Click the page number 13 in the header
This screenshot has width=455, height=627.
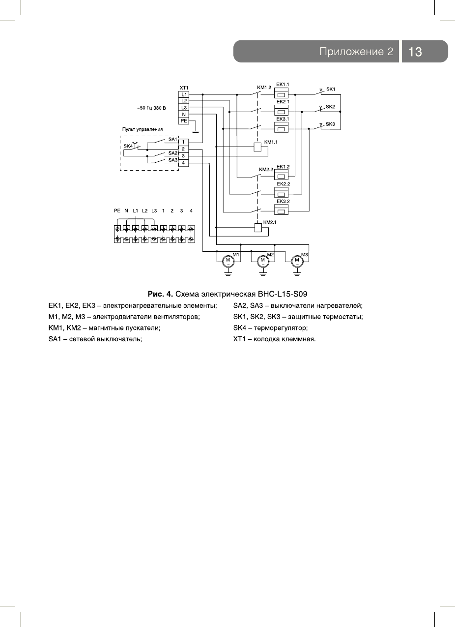pos(415,52)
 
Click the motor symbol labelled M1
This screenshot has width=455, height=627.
pos(228,260)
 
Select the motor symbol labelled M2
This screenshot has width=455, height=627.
pos(262,260)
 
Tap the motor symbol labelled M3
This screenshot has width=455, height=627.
pos(297,260)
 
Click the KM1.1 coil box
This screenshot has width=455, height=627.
pos(257,147)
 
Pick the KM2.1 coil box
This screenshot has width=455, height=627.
pos(257,227)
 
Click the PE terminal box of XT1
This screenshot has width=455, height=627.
pos(184,120)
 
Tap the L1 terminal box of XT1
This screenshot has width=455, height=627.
pos(184,94)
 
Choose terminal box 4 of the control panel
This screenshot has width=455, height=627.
pos(183,163)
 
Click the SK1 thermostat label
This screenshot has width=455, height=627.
pos(331,89)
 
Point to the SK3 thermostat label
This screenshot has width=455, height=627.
pos(331,124)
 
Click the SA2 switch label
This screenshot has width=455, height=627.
pos(172,153)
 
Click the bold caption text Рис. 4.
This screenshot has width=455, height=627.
pos(160,295)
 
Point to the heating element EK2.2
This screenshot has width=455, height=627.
pos(283,193)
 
